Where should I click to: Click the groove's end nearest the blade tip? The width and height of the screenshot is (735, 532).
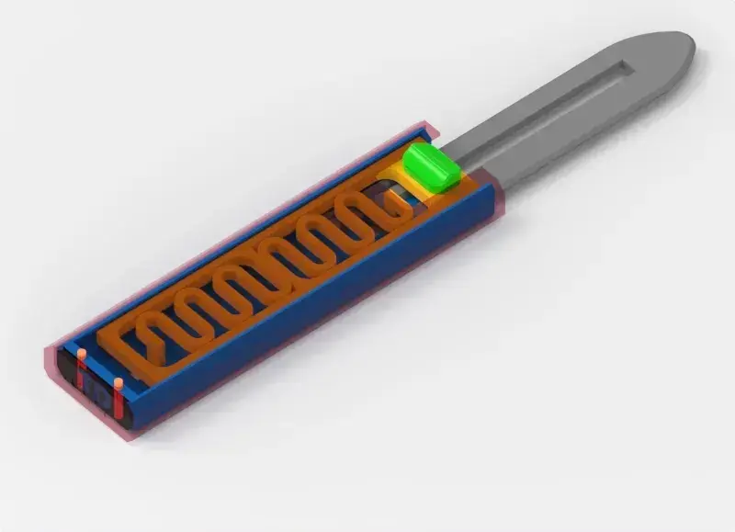625,68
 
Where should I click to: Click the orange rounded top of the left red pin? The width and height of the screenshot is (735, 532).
82,353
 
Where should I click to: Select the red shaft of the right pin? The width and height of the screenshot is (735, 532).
119,402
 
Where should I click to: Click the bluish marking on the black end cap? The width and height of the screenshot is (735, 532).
97,393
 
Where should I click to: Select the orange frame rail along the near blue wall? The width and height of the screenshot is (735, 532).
303,276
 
